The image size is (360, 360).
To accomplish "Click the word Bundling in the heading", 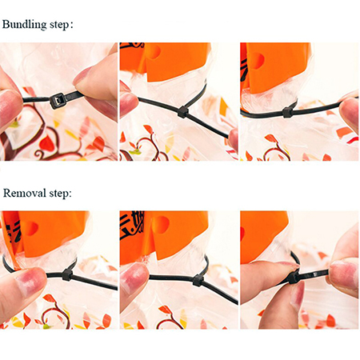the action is pyautogui.click(x=25, y=25).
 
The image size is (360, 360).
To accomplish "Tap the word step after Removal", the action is pyautogui.click(x=60, y=193).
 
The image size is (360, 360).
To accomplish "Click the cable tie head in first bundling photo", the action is pyautogui.click(x=58, y=100).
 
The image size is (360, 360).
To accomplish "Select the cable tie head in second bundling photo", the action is pyautogui.click(x=183, y=112).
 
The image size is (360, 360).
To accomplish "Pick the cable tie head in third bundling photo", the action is pyautogui.click(x=287, y=112).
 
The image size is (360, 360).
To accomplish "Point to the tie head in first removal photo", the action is pyautogui.click(x=67, y=274).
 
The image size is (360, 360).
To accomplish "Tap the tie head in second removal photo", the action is pyautogui.click(x=198, y=280).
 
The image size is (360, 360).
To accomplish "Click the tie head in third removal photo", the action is pyautogui.click(x=294, y=278).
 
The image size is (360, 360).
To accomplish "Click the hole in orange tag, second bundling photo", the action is pyautogui.click(x=155, y=51).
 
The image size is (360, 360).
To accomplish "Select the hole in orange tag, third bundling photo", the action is pyautogui.click(x=258, y=61).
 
